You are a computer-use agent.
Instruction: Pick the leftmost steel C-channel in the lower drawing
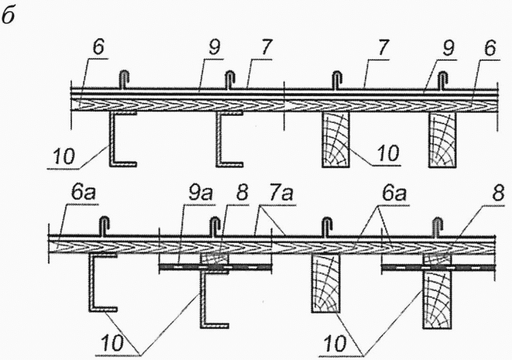tap(102, 282)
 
